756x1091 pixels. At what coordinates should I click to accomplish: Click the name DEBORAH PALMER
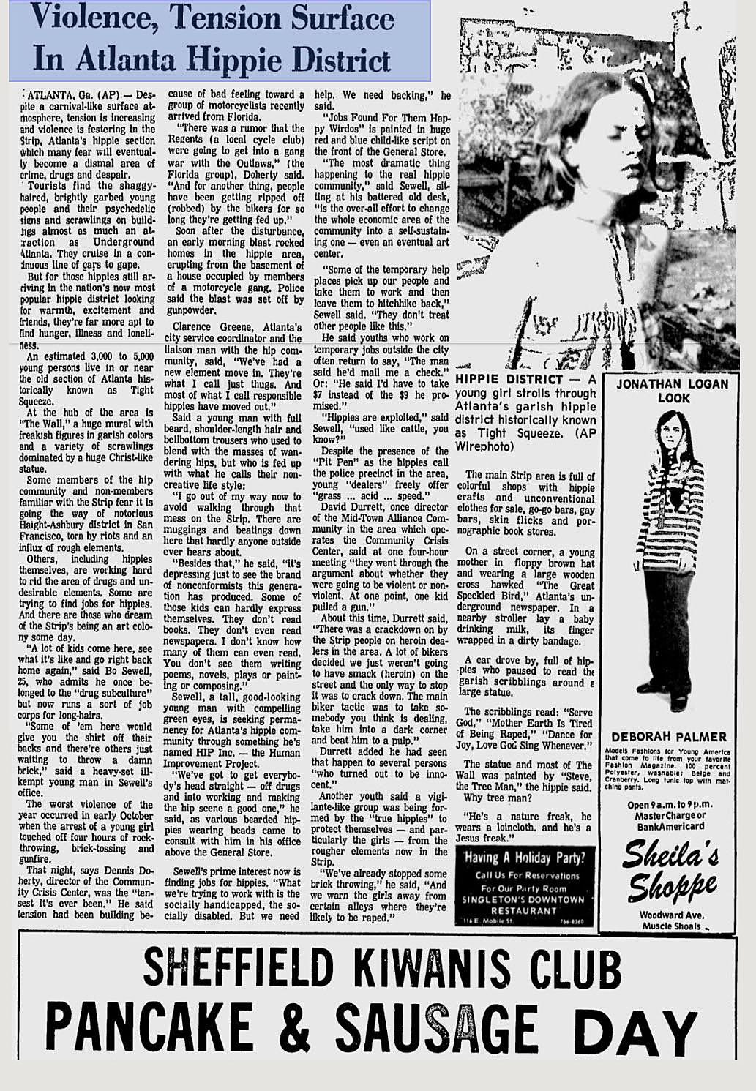point(668,737)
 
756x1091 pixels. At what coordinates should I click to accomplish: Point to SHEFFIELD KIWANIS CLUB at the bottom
point(381,969)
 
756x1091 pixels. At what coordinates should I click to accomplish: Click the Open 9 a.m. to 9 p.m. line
point(668,805)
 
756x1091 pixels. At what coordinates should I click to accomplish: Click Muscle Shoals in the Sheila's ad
point(668,926)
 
